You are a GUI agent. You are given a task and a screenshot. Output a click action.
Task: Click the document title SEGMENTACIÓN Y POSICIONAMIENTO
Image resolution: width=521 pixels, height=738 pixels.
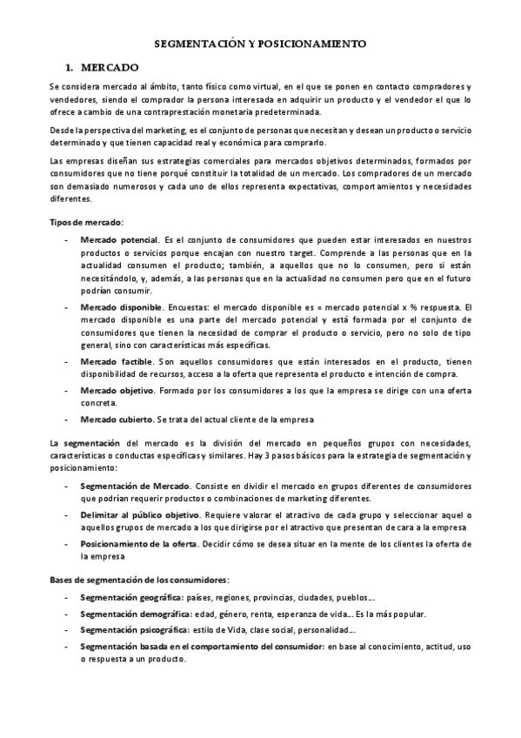(260, 42)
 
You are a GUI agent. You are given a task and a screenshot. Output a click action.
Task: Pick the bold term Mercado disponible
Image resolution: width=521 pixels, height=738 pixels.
(121, 307)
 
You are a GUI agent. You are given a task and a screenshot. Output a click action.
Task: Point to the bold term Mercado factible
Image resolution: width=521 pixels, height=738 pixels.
(116, 361)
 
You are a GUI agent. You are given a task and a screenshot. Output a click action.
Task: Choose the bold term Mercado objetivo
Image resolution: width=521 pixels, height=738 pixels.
(117, 391)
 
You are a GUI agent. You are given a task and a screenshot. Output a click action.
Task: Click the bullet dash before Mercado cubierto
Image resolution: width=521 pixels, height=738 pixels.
(67, 419)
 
